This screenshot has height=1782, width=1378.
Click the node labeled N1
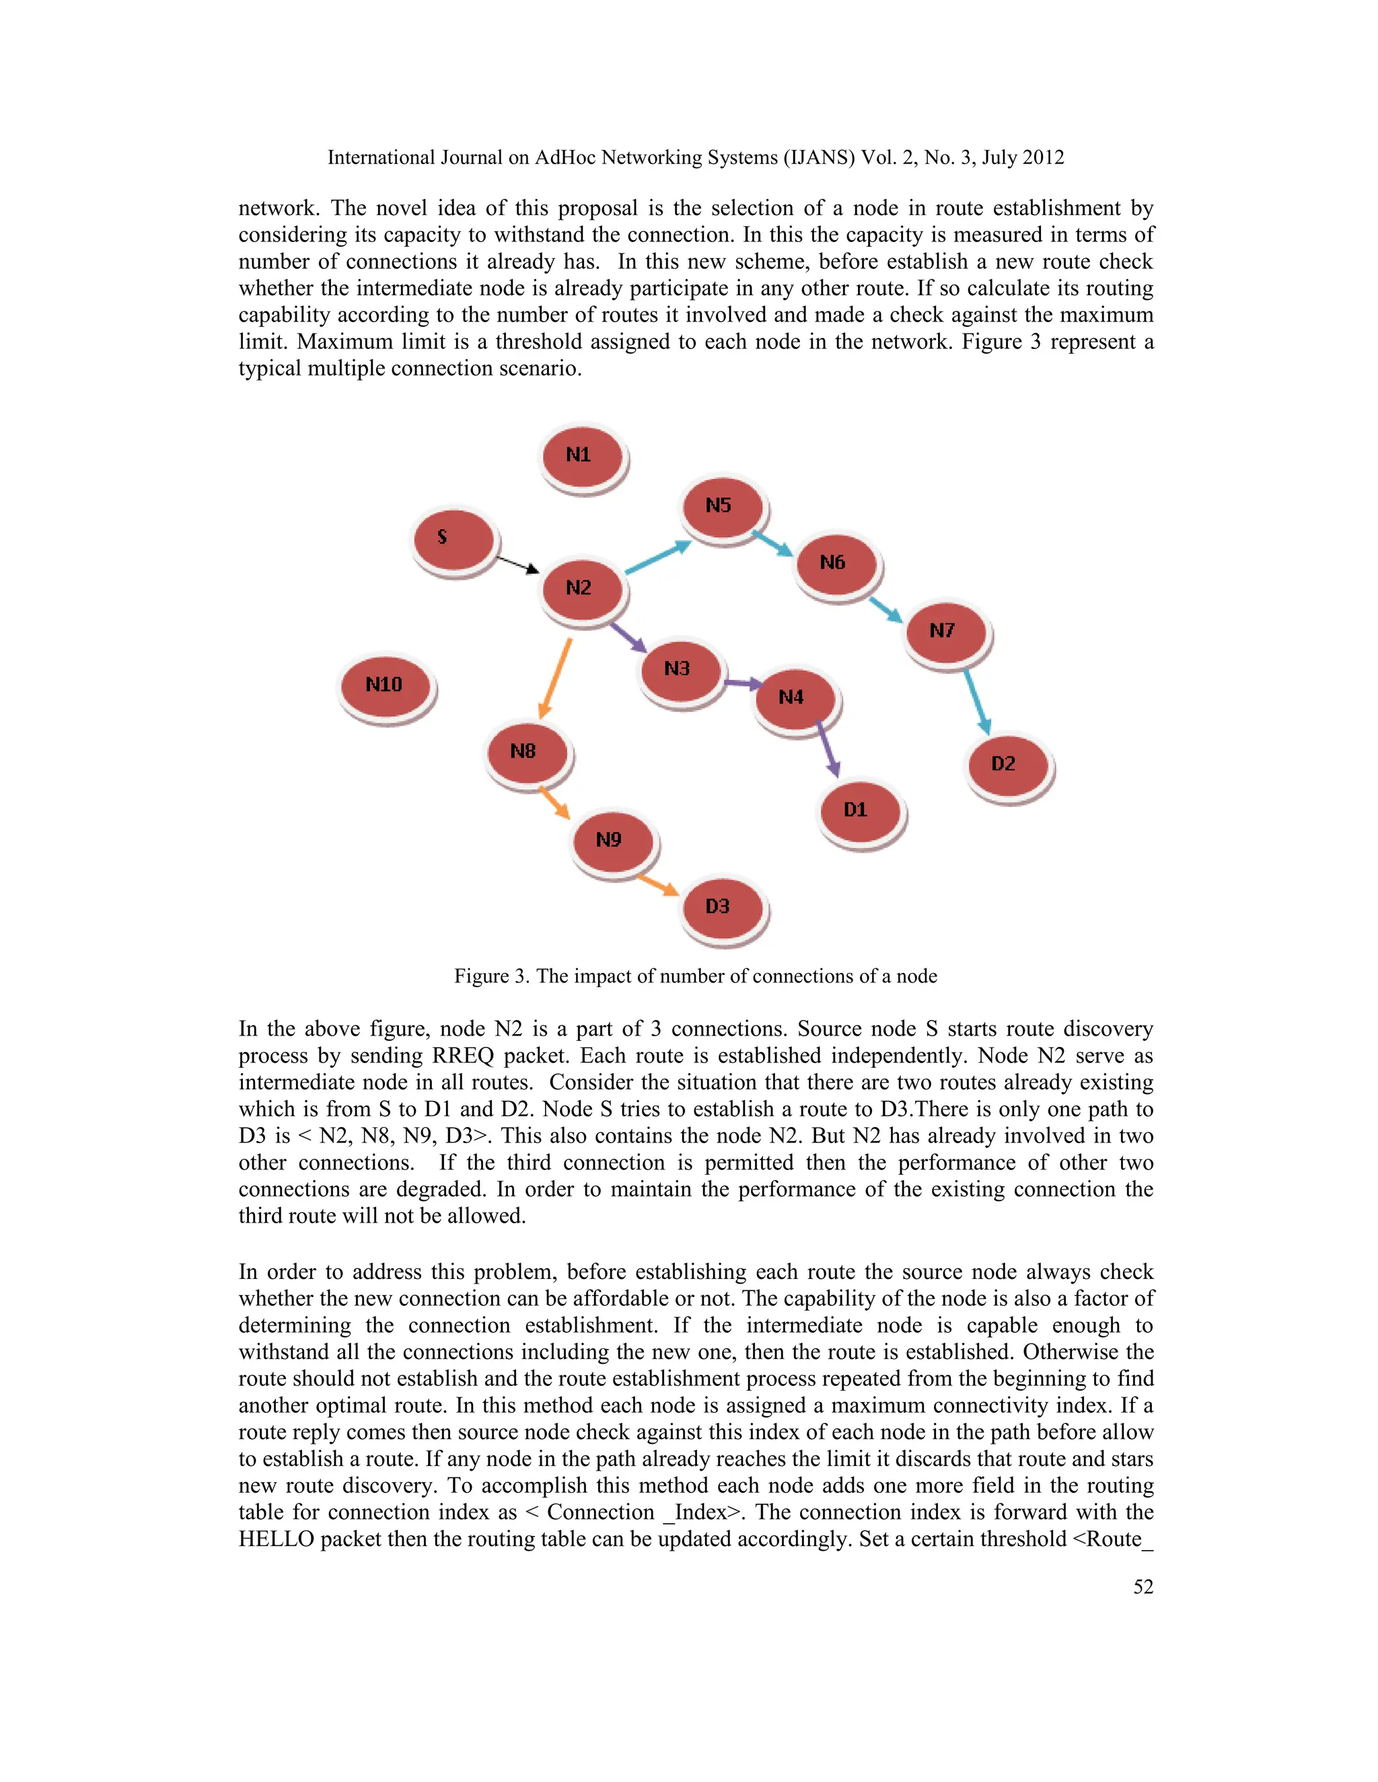[x=581, y=456]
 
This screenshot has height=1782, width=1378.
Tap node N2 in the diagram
[x=581, y=589]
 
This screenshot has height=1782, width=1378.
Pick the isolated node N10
[x=386, y=685]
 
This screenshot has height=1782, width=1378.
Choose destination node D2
[x=1007, y=765]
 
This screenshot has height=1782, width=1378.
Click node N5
[x=722, y=507]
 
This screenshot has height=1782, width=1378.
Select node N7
[x=945, y=631]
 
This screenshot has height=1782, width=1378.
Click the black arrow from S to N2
[x=517, y=564]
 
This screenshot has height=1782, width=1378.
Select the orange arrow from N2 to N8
[x=555, y=679]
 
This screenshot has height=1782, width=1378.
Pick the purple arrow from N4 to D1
[x=828, y=748]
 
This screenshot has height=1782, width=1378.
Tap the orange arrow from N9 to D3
[x=658, y=884]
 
